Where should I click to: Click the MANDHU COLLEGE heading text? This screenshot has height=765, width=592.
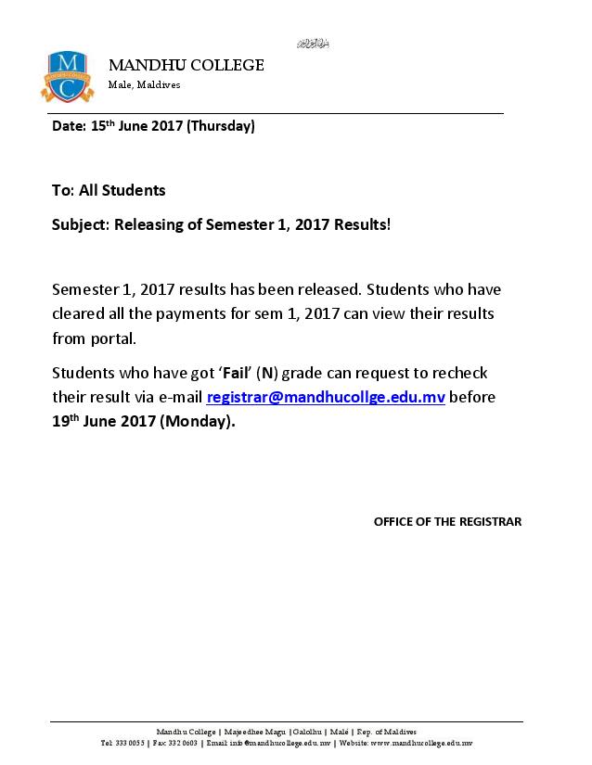[x=187, y=65]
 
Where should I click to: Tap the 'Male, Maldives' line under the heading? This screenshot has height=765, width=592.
[x=145, y=84]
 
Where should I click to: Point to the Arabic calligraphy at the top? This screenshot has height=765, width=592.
[x=313, y=44]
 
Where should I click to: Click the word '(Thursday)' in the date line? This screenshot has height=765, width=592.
[x=221, y=126]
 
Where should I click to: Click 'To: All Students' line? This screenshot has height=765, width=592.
[x=109, y=190]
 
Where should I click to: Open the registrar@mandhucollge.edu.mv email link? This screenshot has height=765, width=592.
[x=326, y=397]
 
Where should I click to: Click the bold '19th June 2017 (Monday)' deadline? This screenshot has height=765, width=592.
[x=144, y=421]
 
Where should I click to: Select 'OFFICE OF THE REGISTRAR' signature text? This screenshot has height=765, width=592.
[x=447, y=521]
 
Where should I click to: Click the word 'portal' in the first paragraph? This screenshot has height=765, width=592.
[x=111, y=338]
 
